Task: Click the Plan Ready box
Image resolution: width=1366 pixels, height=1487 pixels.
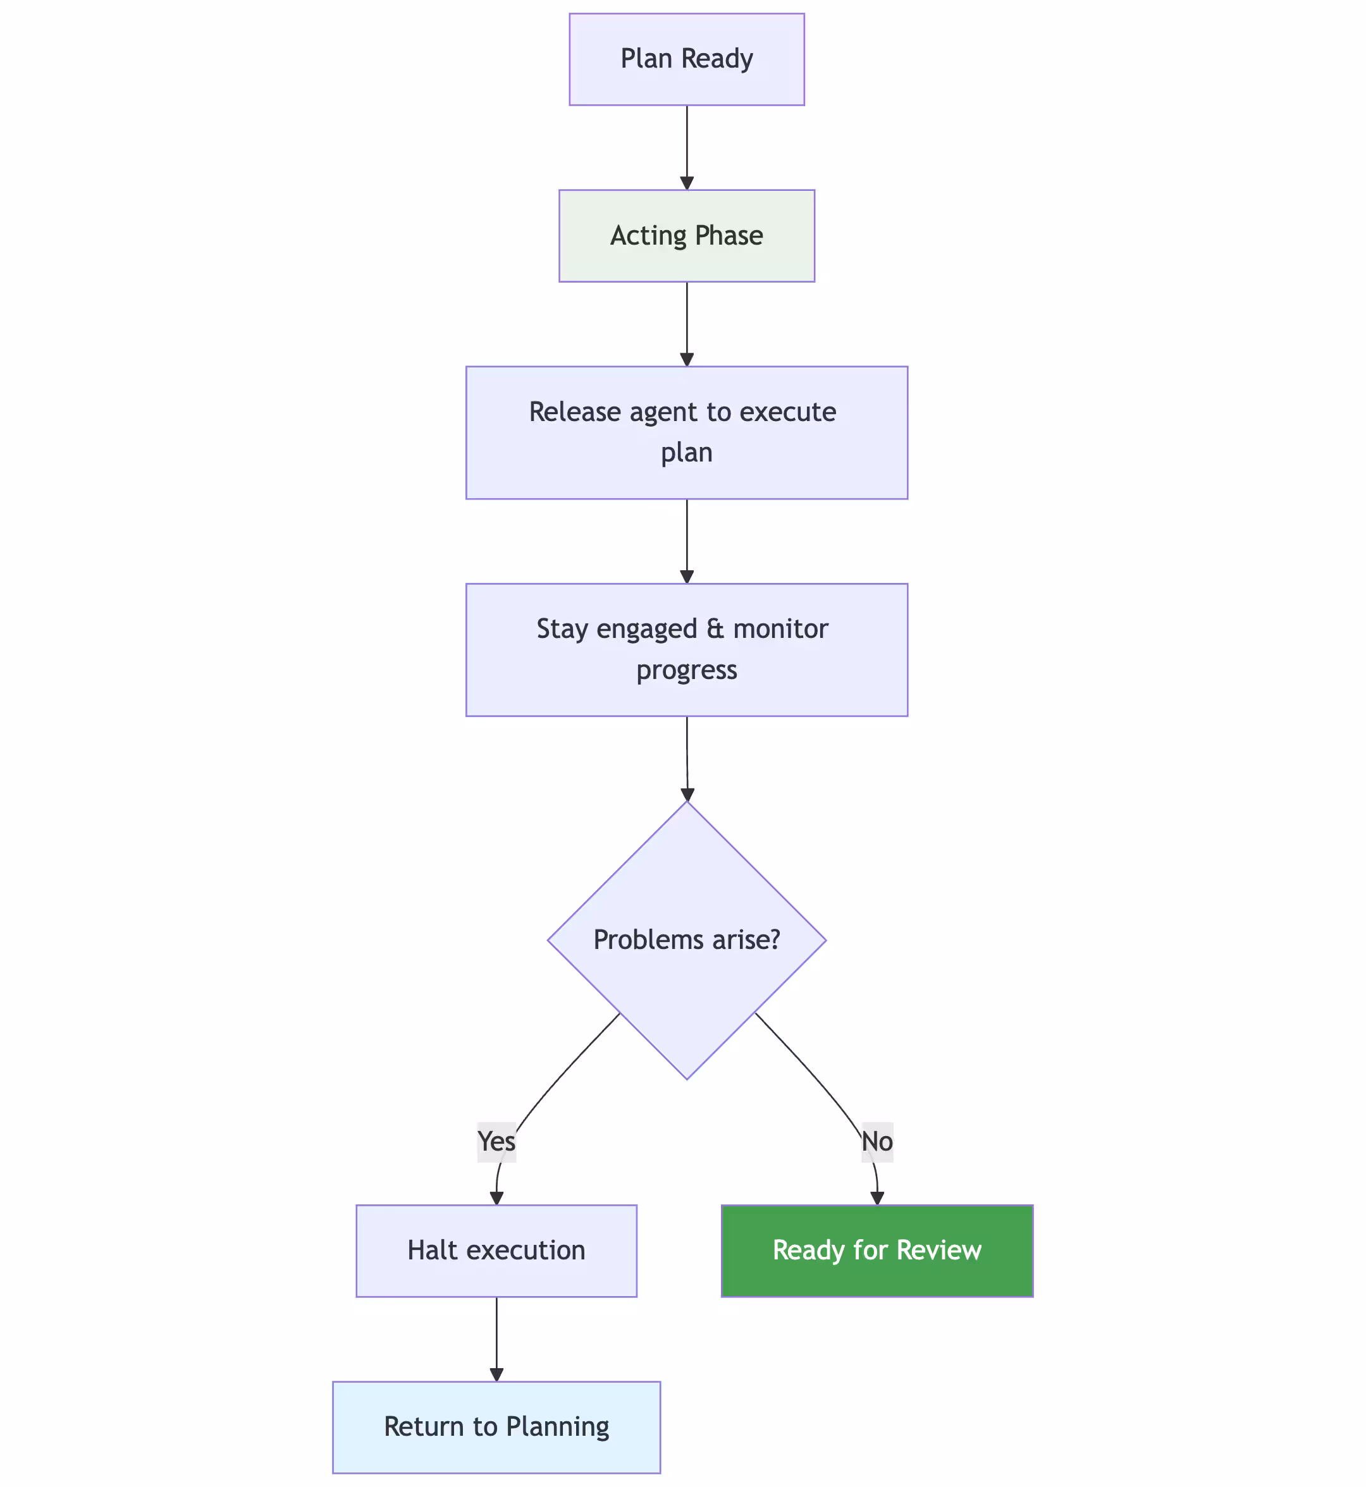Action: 686,59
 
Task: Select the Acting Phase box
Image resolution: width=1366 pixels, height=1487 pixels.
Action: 686,236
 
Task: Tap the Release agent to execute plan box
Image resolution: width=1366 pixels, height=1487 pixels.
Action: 686,432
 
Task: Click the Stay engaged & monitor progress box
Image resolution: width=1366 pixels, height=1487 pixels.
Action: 686,650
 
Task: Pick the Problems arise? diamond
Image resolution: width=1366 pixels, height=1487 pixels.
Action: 686,940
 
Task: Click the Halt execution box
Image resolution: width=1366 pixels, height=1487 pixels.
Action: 496,1251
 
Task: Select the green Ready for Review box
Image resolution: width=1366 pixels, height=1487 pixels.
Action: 877,1251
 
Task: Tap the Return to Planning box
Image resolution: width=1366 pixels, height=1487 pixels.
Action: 496,1427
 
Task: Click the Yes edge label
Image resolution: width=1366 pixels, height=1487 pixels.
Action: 496,1141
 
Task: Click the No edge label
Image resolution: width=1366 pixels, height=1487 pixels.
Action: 877,1141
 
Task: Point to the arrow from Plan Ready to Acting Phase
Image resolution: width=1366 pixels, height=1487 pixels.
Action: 687,148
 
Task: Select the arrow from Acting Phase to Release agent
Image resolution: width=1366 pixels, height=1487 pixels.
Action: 687,324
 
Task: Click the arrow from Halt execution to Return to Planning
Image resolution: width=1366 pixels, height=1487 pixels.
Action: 496,1338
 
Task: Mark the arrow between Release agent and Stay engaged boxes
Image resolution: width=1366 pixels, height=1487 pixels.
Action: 687,541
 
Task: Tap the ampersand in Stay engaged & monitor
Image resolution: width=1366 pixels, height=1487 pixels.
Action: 715,629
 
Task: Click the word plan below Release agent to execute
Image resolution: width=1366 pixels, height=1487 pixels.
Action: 686,452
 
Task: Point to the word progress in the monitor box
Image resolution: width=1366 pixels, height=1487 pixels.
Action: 686,670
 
